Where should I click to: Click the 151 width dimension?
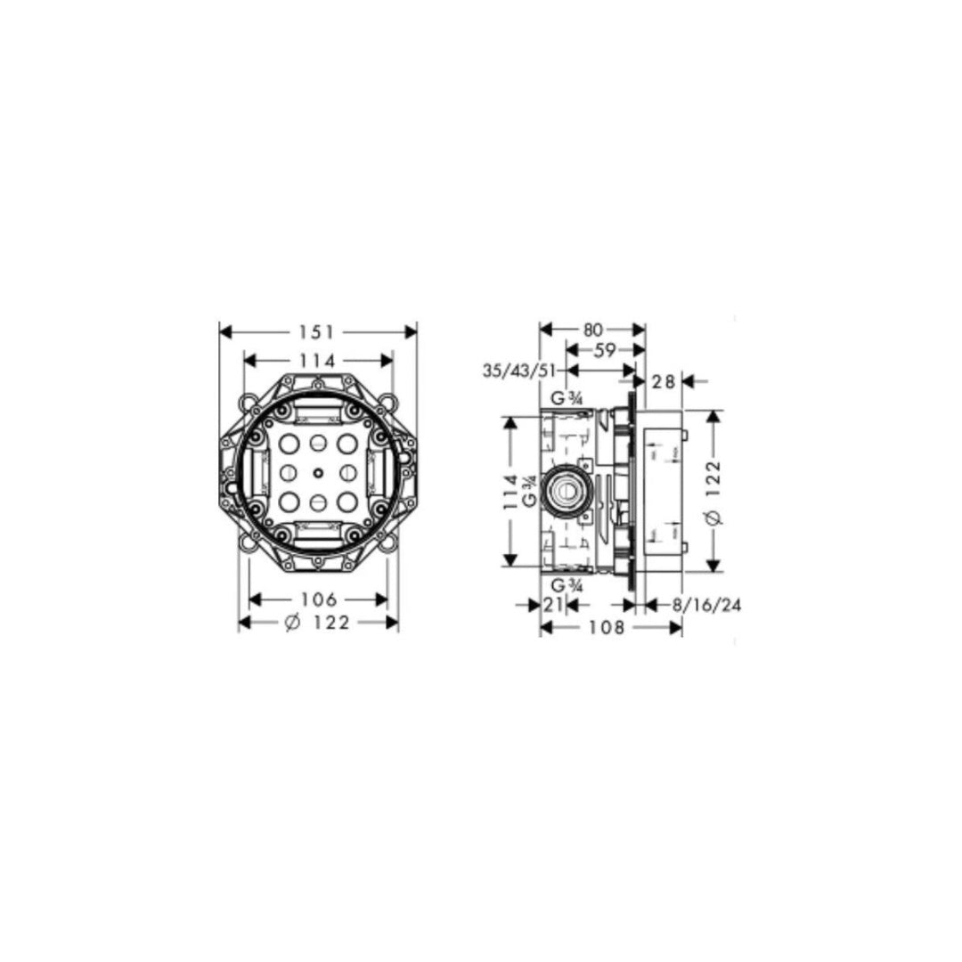coord(317,331)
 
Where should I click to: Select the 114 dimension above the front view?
coord(317,361)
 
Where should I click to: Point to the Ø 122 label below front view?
coord(317,624)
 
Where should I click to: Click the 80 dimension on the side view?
coord(592,329)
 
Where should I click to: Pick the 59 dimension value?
coord(605,350)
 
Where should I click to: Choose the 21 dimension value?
coord(553,604)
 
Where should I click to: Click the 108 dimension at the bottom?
coord(610,628)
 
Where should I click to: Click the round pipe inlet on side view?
coord(564,490)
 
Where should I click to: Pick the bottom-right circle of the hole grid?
coord(346,501)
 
